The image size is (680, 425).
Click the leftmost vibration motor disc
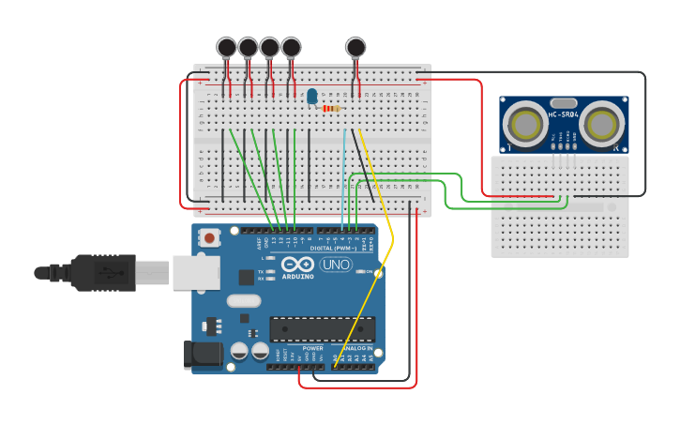pos(226,47)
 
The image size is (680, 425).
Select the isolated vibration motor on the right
pos(355,47)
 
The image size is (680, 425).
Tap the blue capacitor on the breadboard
pos(311,96)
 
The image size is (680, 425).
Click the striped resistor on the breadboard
pos(331,108)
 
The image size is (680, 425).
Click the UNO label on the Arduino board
pos(336,265)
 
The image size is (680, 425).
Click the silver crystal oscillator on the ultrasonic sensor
pos(563,102)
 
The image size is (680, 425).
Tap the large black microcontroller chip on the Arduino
pos(322,329)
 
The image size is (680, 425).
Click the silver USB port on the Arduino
pos(196,272)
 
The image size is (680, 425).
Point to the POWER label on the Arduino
pos(312,348)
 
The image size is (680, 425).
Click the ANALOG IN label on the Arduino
pos(356,348)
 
